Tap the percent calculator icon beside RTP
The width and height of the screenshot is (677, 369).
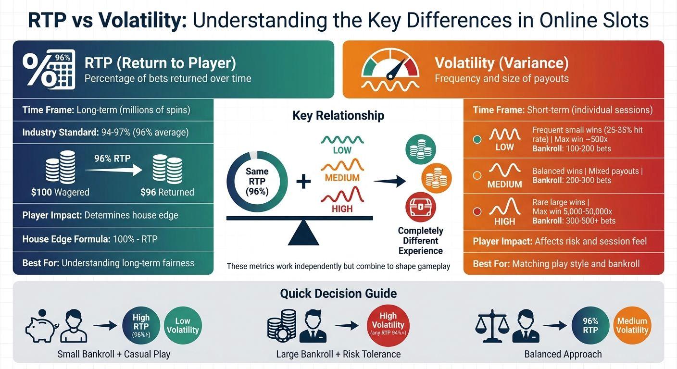pos(49,70)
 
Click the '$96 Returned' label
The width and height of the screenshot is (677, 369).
pos(167,192)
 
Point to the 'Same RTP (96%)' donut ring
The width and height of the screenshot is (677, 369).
pos(257,181)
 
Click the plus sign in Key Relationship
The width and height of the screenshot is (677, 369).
pos(303,182)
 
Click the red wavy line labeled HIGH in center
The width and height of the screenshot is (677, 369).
pos(342,197)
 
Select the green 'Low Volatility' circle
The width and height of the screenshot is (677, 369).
pos(183,326)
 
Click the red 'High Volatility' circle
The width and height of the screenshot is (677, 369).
pos(388,325)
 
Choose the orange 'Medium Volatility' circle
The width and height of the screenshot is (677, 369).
pos(632,325)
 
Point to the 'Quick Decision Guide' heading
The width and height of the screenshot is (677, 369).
pos(338,294)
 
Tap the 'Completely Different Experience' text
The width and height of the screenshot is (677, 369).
pos(420,241)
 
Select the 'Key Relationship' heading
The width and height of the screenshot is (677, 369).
pos(338,115)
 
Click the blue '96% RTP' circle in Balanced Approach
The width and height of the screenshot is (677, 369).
pos(590,325)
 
